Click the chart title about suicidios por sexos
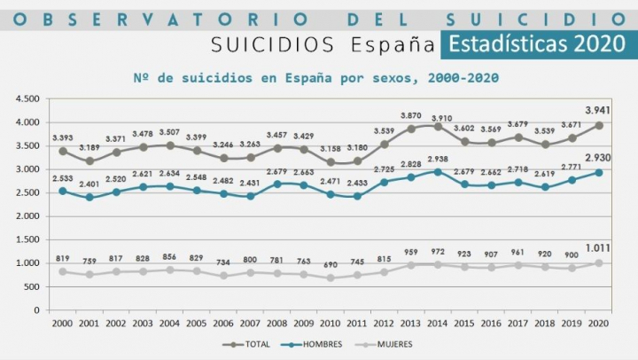(315, 78)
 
